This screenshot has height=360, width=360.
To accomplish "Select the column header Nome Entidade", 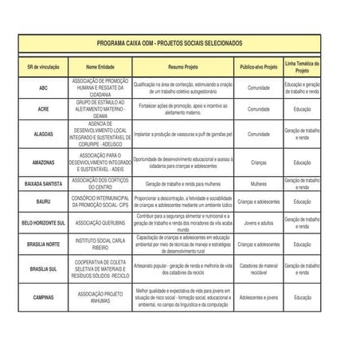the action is [x=100, y=67].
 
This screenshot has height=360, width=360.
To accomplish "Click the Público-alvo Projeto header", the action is [x=259, y=67].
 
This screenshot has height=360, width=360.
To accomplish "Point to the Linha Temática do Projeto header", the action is [x=302, y=67].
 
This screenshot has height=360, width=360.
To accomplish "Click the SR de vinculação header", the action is [x=43, y=67].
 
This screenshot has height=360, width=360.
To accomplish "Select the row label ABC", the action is [x=43, y=88].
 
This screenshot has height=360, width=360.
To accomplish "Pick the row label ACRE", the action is [x=43, y=109].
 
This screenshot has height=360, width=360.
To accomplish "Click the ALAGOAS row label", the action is [x=43, y=135].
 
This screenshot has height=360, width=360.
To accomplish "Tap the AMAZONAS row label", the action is [x=43, y=162].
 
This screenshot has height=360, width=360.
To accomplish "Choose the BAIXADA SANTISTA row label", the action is [x=43, y=184].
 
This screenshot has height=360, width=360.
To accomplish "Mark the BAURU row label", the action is [x=43, y=202].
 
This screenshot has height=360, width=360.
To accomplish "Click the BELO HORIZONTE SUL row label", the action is [x=43, y=223].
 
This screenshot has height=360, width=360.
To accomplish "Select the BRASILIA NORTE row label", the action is [x=43, y=244].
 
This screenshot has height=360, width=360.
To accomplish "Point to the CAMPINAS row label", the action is [x=43, y=297].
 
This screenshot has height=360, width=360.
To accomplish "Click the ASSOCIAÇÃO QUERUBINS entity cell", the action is [x=100, y=223].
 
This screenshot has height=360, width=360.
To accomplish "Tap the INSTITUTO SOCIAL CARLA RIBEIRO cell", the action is [x=100, y=244].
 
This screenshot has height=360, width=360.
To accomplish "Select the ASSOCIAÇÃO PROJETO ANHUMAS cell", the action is [x=100, y=297].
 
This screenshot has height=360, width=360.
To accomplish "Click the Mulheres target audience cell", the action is [x=259, y=184].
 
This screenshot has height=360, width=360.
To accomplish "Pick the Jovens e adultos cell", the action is [x=259, y=223].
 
